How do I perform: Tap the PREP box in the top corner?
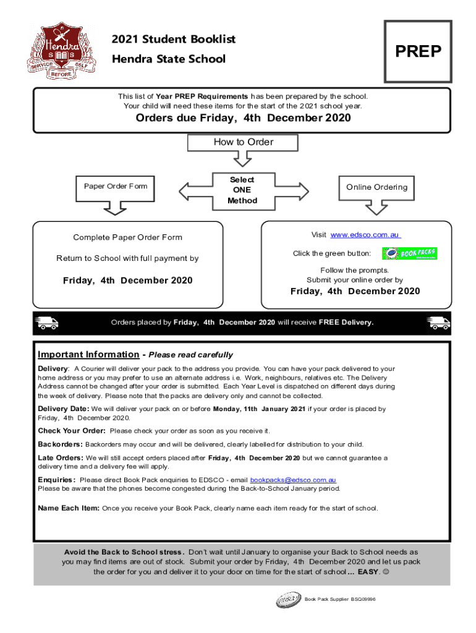pos(419,51)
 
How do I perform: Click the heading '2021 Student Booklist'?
pos(174,40)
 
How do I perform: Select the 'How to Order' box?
pos(243,142)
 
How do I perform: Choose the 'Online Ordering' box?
pos(376,187)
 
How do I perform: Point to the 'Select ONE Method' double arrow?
pos(242,190)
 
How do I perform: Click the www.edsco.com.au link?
pos(365,235)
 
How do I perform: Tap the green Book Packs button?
pos(409,253)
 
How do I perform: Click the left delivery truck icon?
pos(47,322)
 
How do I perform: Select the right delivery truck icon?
pos(439,322)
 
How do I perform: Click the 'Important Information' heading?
pos(88,354)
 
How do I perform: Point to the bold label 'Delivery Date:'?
pos(63,409)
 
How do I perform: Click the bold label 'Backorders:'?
pos(60,444)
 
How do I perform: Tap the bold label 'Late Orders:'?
pos(61,457)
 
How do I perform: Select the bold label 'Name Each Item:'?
pos(69,508)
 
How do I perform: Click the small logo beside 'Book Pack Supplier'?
pos(288,600)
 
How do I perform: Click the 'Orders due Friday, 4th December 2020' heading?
pos(243,118)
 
